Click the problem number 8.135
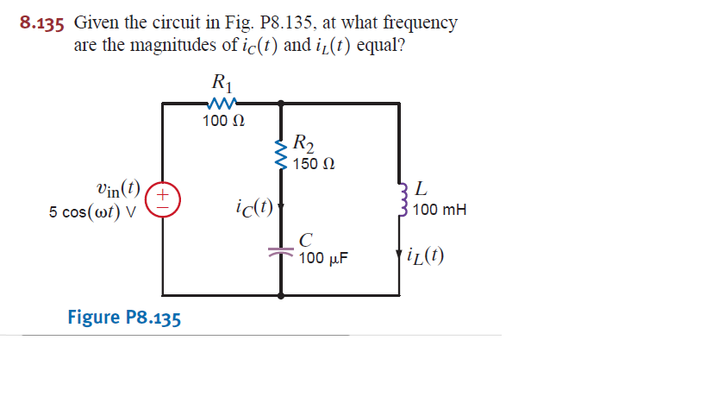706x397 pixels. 42,23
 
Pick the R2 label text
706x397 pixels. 303,143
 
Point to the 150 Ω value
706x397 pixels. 314,163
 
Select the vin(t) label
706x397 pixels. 119,189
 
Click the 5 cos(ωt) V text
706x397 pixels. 93,211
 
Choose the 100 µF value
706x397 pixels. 323,258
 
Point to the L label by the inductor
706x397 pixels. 419,187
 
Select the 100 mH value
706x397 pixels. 440,210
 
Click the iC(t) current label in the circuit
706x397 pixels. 253,207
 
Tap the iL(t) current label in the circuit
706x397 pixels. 426,256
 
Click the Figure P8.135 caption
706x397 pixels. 124,317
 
